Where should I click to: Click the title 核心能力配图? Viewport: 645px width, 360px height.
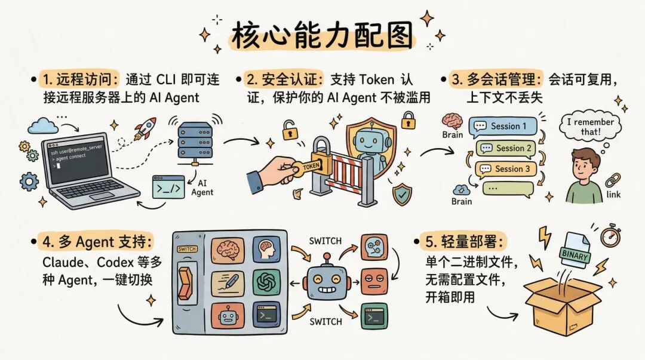pyautogui.click(x=322, y=37)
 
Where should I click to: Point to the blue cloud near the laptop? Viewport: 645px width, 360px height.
pyautogui.click(x=43, y=125)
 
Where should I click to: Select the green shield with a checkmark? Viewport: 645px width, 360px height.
pyautogui.click(x=401, y=194)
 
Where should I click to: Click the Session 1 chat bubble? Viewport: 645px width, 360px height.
pyautogui.click(x=503, y=127)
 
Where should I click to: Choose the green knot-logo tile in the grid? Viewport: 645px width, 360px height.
pyautogui.click(x=266, y=282)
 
